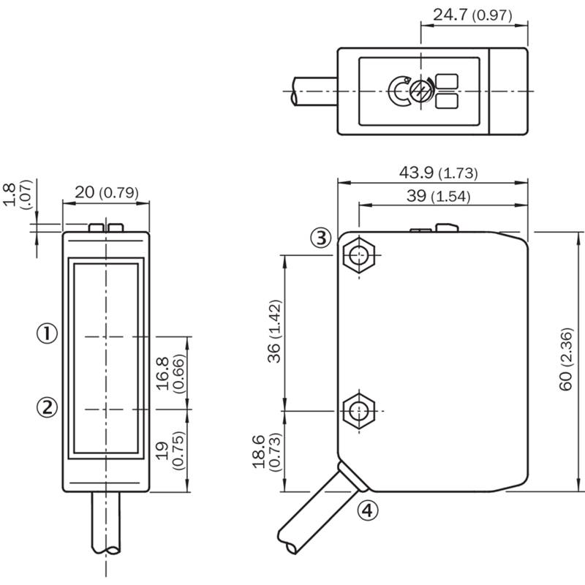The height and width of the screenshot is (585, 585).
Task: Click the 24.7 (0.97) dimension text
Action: pos(472,15)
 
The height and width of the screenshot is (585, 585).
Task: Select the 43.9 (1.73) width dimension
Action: pos(438,173)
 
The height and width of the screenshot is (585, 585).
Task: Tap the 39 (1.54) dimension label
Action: pos(438,196)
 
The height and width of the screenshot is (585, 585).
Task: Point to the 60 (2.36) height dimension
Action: pos(565,359)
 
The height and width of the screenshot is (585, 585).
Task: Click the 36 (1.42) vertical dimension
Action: pos(274,331)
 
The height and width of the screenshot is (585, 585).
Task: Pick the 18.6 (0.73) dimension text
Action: pos(266,452)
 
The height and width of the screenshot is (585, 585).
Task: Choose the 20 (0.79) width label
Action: pos(107,192)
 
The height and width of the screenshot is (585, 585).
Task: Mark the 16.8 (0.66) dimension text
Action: pos(170,374)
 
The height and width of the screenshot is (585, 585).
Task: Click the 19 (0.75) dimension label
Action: pos(170,450)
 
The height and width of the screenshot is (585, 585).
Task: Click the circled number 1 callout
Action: pos(47,333)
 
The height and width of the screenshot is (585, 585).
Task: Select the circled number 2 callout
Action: pos(47,407)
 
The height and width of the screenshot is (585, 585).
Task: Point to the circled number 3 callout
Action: pos(321,238)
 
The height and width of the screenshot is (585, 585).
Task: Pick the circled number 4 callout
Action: pos(368,510)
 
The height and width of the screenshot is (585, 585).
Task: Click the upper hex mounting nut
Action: pos(358,255)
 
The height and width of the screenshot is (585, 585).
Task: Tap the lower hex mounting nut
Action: pos(358,411)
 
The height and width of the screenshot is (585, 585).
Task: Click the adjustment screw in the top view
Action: pos(421,91)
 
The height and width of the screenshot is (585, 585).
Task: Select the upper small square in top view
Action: pos(447,81)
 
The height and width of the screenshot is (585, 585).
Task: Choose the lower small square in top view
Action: pos(447,101)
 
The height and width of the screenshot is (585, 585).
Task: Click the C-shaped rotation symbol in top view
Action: pos(390,91)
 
